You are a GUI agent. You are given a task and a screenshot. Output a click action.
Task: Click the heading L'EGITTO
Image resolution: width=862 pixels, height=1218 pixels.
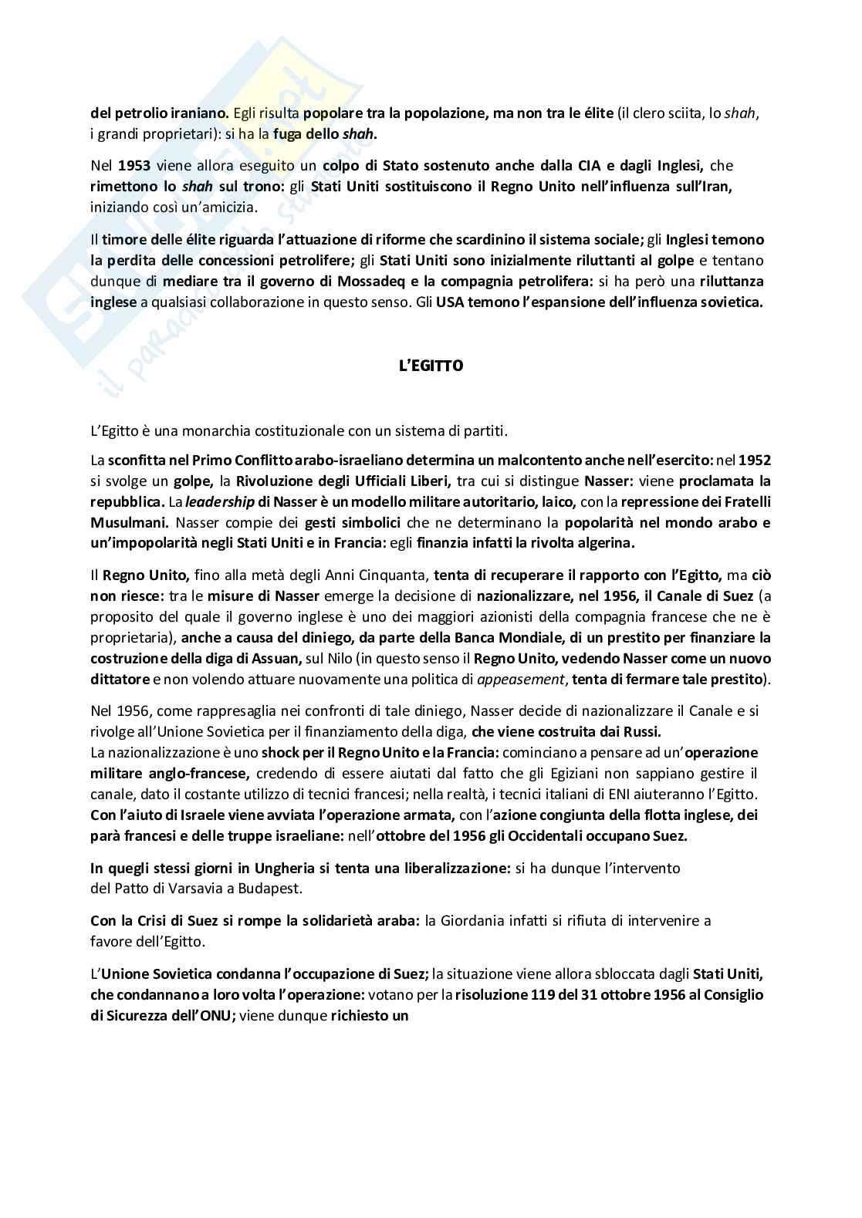[x=430, y=366]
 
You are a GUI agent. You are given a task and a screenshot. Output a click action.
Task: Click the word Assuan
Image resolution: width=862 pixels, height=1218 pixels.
[x=275, y=658]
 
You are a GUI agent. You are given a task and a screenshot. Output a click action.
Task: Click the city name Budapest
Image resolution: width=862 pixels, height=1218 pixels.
[x=274, y=888]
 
